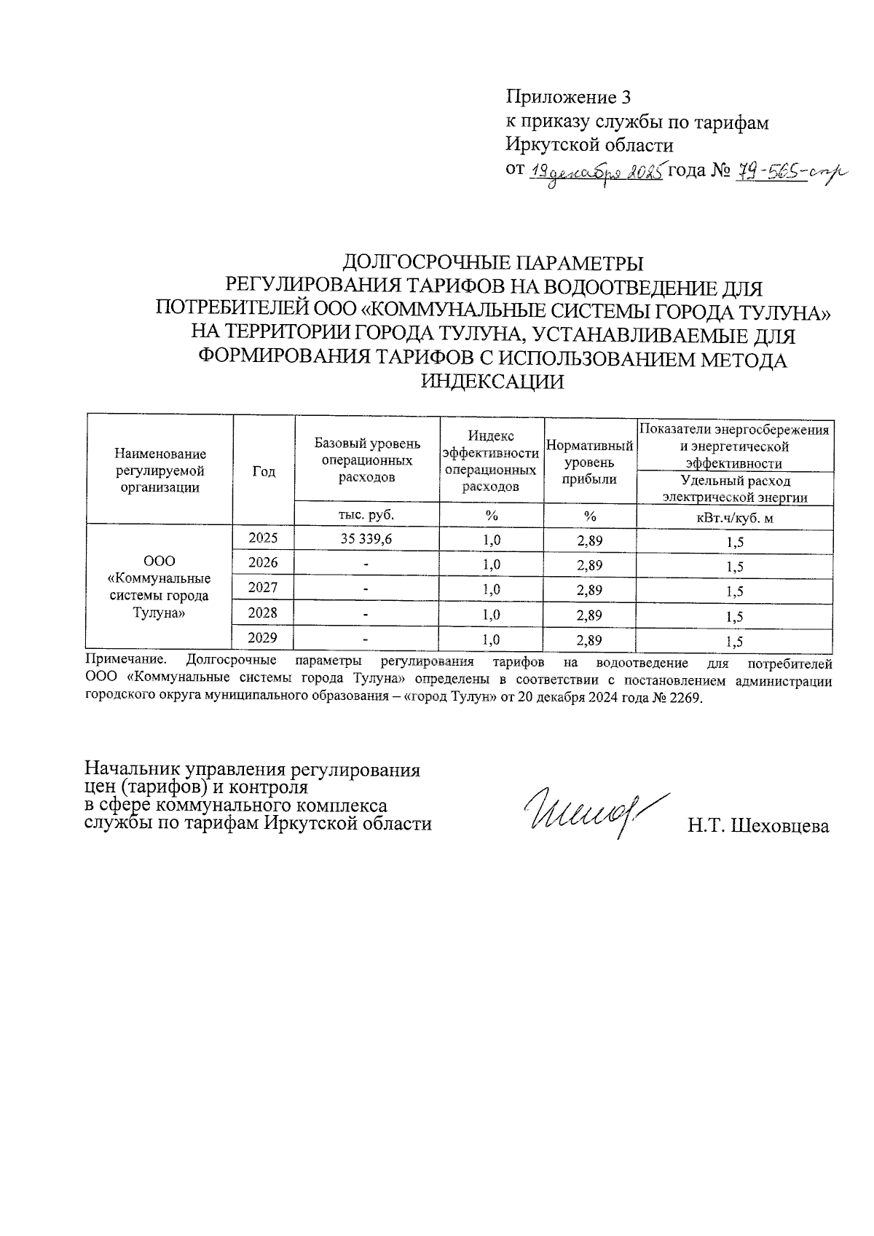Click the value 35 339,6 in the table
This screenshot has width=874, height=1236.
(367, 540)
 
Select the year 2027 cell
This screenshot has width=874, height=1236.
(263, 588)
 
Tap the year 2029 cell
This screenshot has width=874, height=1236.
(263, 639)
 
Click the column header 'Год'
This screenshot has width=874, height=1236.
(264, 471)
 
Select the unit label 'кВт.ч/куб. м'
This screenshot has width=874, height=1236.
(733, 517)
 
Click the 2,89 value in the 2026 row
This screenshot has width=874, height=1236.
(589, 564)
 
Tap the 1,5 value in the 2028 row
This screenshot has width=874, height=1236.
(734, 616)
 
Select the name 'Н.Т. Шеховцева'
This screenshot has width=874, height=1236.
(758, 826)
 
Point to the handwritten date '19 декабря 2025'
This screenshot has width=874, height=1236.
(595, 173)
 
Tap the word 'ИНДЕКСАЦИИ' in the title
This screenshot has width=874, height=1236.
(494, 382)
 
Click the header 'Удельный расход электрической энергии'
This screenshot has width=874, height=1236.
(733, 489)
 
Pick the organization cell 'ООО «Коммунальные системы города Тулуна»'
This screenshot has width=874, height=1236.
(159, 587)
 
